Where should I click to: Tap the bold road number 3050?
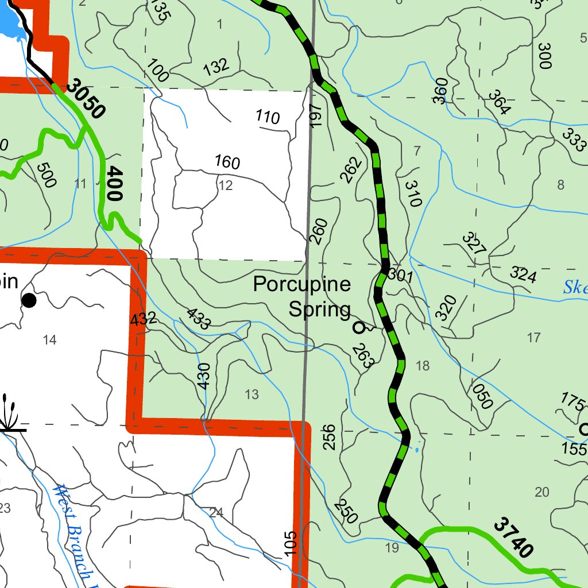click(86, 99)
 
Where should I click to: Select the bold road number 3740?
click(513, 538)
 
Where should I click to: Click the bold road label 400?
click(114, 183)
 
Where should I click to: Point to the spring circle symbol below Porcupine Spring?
click(359, 328)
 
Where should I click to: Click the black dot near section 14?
click(29, 300)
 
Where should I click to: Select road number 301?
click(400, 276)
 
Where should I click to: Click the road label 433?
click(198, 319)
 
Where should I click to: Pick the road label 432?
click(143, 319)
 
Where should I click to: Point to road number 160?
click(227, 162)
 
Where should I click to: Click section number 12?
click(226, 185)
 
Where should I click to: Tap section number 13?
click(252, 394)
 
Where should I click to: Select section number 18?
click(422, 366)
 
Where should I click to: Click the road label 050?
click(483, 396)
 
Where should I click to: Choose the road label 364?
click(498, 103)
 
